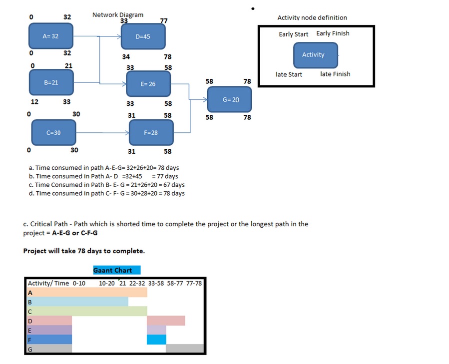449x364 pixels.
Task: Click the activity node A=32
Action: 51,36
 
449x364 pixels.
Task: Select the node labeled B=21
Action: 51,82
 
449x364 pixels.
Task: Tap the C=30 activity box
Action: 53,133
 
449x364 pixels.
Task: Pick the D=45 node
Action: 143,36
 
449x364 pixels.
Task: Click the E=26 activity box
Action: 148,84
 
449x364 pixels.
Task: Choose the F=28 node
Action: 151,133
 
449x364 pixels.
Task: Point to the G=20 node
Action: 230,99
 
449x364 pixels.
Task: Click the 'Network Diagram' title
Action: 118,14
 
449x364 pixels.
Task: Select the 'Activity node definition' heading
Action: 312,17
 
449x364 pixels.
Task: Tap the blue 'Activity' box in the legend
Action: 315,55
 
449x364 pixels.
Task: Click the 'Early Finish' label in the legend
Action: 333,33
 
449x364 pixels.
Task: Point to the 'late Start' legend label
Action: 289,74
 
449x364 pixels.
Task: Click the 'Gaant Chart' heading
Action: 113,270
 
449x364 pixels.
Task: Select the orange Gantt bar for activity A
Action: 87,293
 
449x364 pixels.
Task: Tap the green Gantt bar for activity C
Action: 87,311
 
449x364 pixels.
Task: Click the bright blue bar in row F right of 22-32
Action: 156,340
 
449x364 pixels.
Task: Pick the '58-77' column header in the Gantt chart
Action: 175,283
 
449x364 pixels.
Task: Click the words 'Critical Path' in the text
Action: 48,224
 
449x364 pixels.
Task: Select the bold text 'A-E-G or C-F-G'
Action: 75,233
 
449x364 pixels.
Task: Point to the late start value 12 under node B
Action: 34,102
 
